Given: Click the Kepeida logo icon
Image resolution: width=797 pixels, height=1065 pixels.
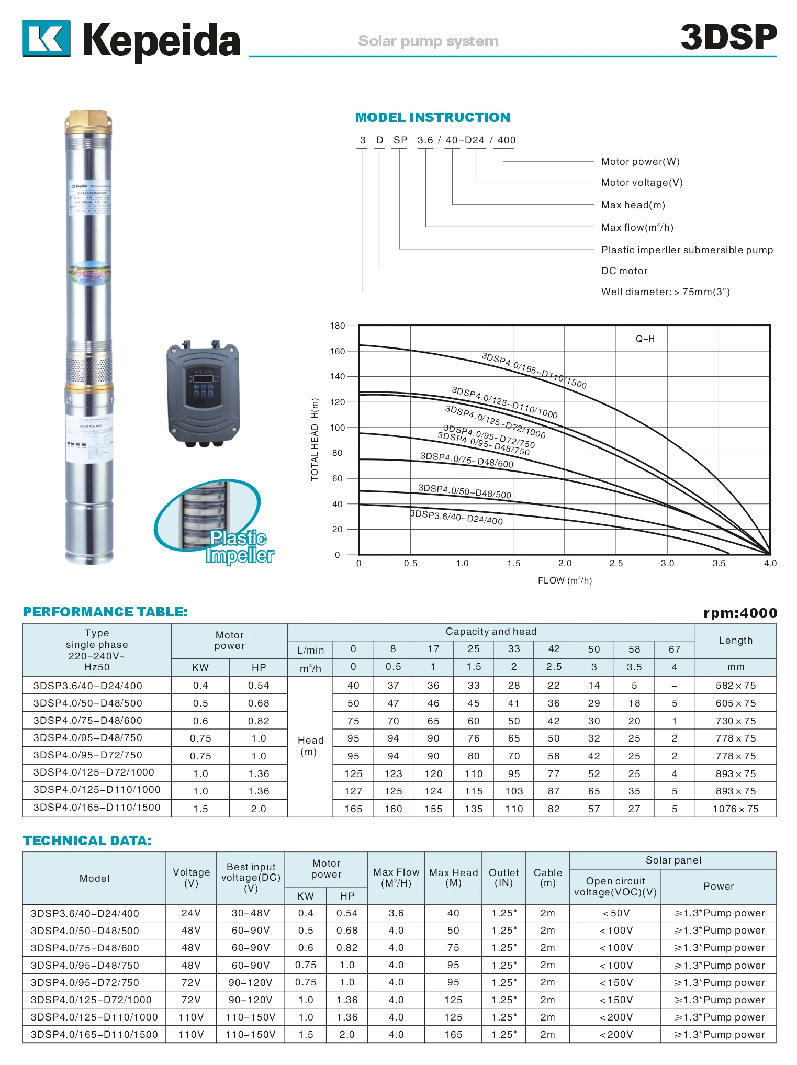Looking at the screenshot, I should [46, 38].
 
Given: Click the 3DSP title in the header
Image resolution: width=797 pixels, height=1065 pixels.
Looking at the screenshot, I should [728, 38].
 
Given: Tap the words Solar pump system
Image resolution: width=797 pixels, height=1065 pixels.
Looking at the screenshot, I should [428, 41].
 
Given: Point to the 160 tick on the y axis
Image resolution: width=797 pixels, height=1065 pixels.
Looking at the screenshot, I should [338, 351].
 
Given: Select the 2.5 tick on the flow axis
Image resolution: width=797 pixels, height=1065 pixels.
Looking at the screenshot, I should [616, 564].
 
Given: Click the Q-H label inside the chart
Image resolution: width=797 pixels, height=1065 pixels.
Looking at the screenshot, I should [645, 339].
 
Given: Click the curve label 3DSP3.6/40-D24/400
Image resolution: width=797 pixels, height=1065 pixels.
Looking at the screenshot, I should [456, 517].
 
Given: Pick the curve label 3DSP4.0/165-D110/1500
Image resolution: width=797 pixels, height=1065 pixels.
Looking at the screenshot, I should [534, 371].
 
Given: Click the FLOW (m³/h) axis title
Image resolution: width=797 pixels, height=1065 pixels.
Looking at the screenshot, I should [565, 580].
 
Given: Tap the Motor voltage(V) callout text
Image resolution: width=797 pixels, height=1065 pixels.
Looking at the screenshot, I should [642, 183].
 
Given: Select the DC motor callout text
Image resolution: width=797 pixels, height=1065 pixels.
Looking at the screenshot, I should [624, 271].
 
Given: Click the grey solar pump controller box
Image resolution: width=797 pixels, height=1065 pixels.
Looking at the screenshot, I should [203, 393].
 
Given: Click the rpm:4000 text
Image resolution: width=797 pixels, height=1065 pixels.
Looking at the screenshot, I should [740, 613].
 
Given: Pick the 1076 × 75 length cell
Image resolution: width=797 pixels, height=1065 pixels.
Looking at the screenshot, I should [735, 809].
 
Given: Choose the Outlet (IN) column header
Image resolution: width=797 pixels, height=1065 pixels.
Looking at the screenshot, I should [503, 878].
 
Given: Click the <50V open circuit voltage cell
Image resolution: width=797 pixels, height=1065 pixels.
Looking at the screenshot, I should [616, 913].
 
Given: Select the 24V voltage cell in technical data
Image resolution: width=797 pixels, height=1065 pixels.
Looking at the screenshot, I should [191, 913].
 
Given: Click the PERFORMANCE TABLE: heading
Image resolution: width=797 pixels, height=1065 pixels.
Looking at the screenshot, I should [105, 612].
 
